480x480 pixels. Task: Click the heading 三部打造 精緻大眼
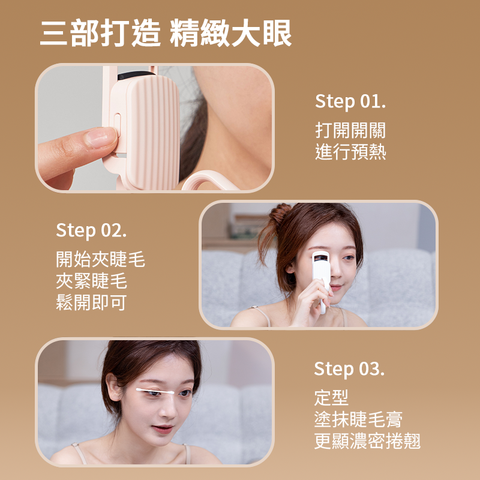(x=166, y=34)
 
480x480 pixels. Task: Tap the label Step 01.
(x=350, y=101)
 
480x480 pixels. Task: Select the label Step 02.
(x=91, y=230)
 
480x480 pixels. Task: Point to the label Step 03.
(x=349, y=368)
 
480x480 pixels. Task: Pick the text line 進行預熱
(x=350, y=152)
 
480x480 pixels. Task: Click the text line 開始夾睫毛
(x=100, y=260)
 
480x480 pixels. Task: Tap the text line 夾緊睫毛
(x=91, y=281)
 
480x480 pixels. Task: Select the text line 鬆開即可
(x=91, y=302)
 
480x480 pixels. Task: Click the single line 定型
(x=331, y=397)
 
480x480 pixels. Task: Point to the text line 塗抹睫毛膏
(x=358, y=419)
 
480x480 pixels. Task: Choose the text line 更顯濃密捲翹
(x=367, y=442)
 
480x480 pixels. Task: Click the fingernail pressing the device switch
(x=100, y=137)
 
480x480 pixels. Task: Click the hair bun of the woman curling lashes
(x=280, y=214)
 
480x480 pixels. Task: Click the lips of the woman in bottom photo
(x=163, y=428)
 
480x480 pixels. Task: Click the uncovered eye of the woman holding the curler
(x=347, y=260)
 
